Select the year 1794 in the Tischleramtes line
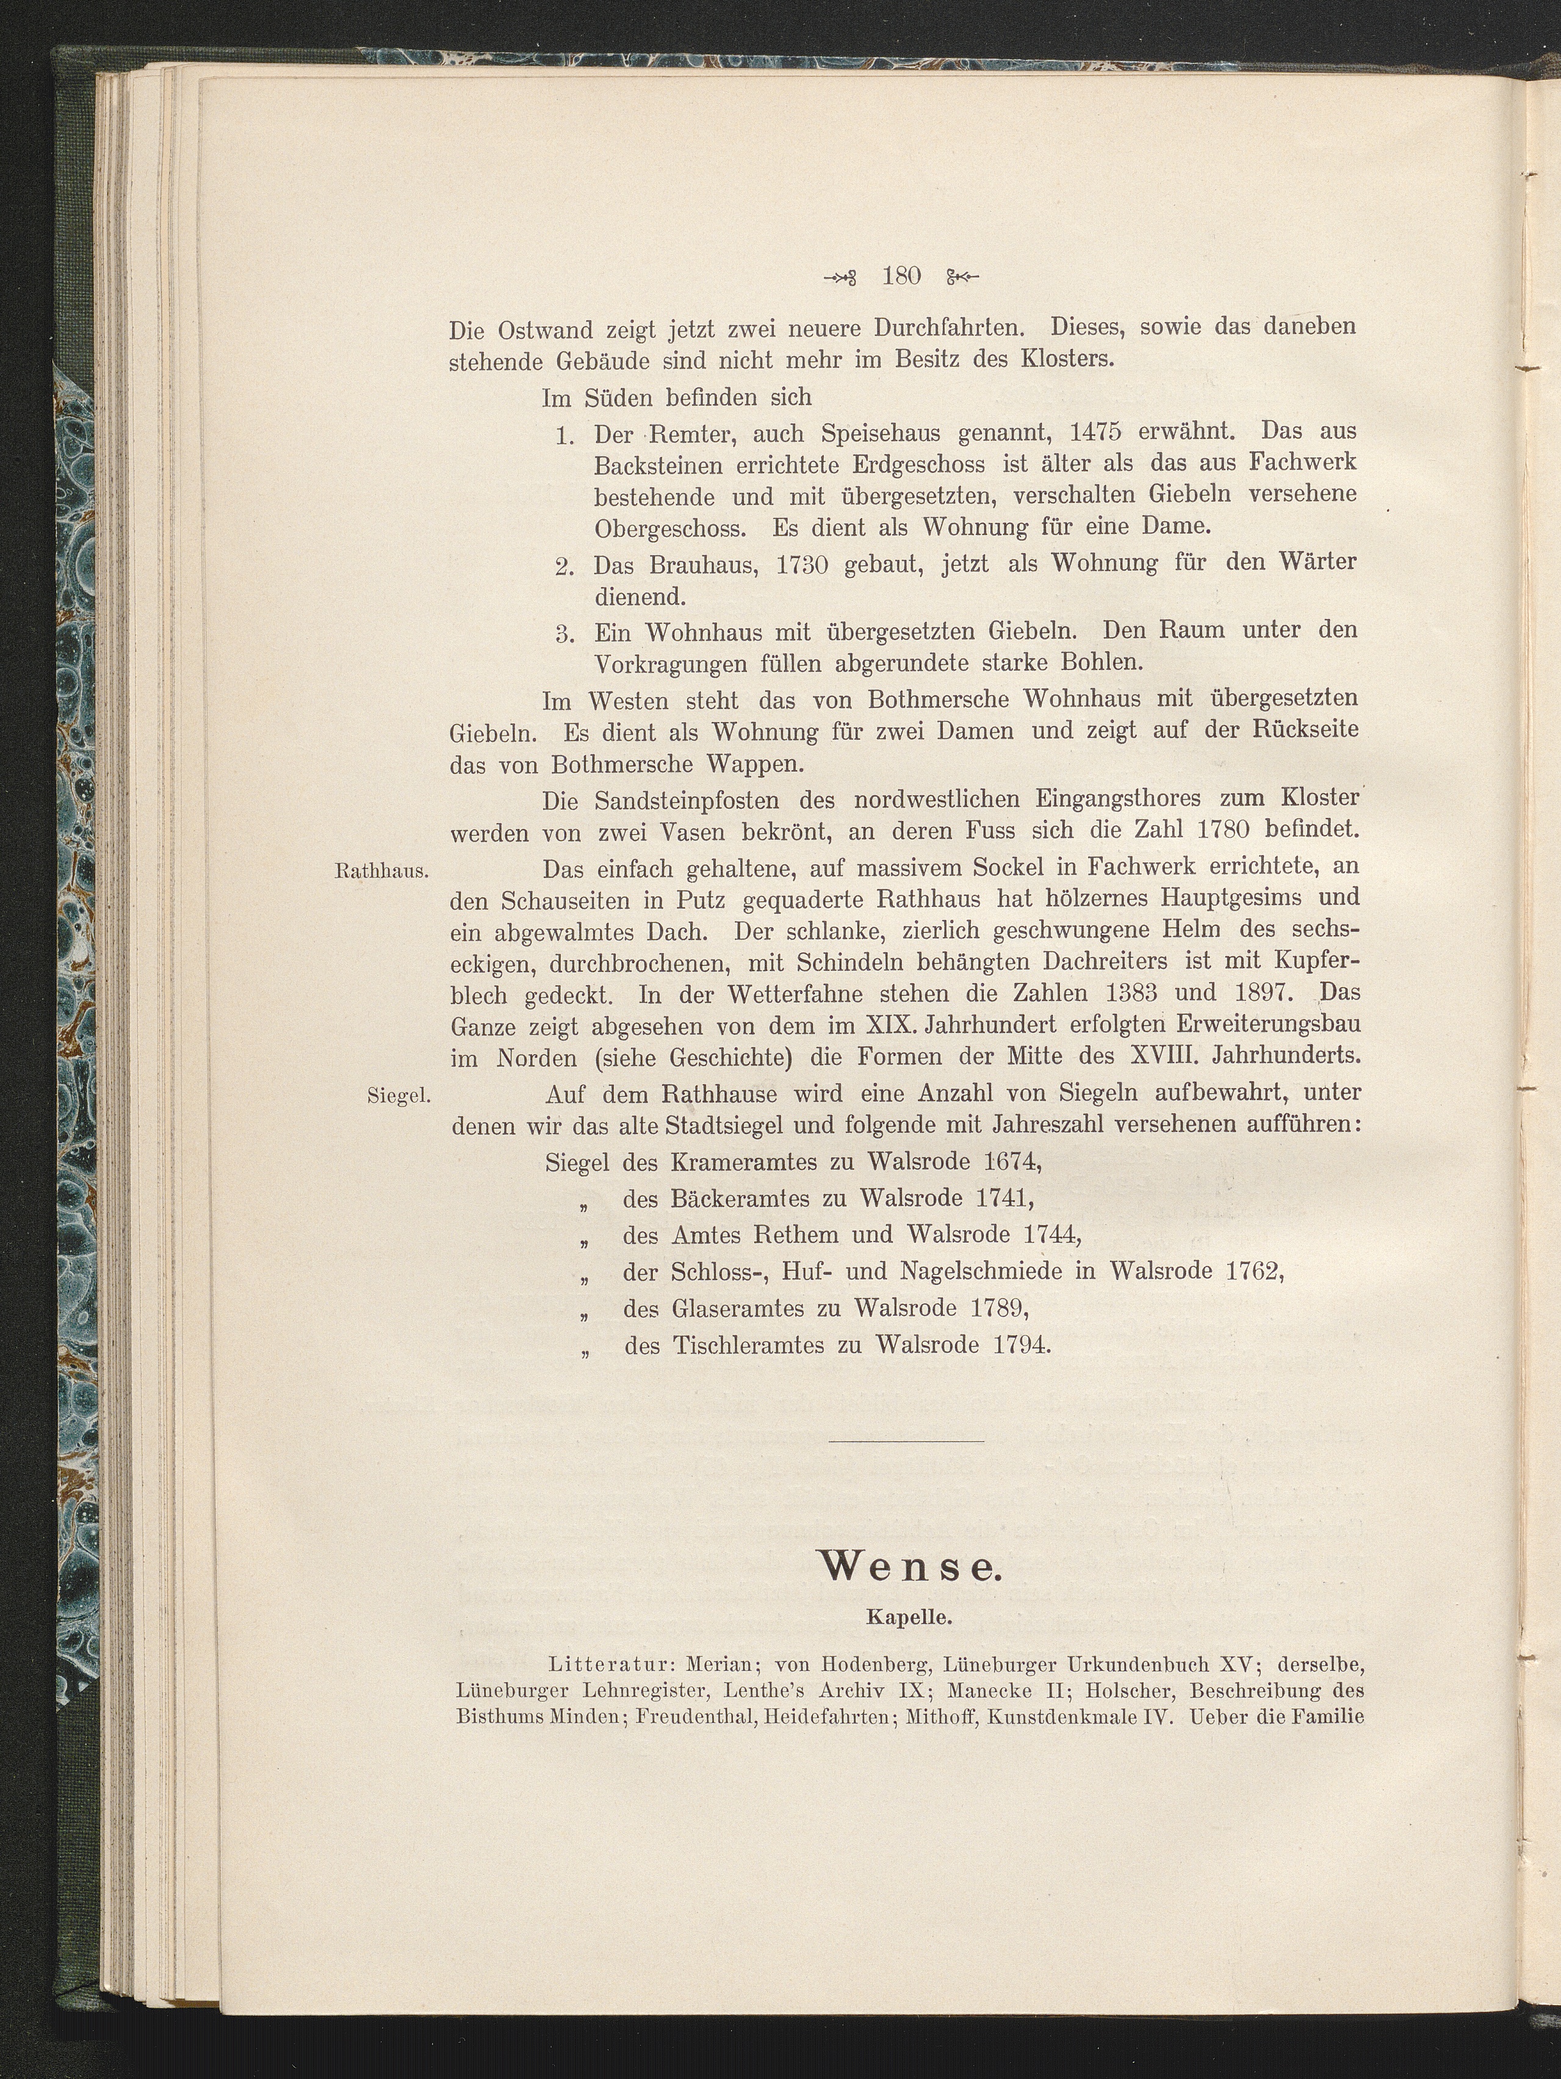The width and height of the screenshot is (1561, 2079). point(1020,1345)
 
